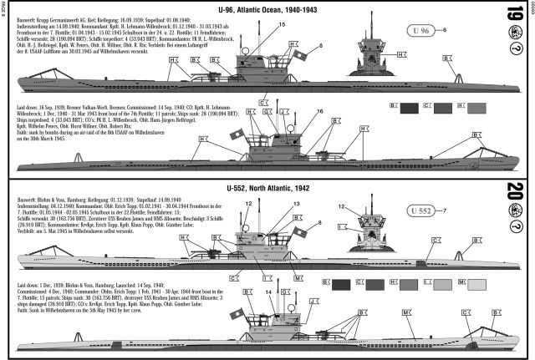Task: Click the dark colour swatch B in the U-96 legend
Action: [410, 107]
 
